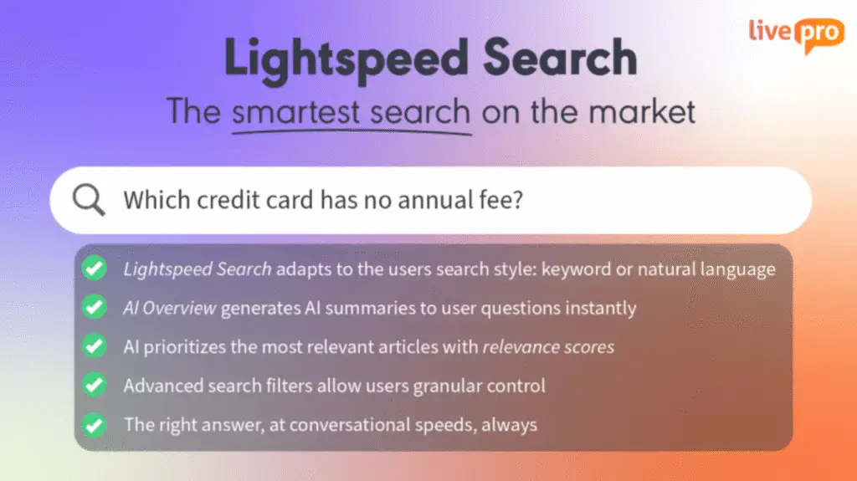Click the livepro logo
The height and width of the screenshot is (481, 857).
point(797,35)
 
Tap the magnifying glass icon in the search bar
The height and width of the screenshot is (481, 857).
point(89,199)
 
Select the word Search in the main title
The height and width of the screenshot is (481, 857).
point(560,58)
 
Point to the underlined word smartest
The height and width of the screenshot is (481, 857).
point(295,111)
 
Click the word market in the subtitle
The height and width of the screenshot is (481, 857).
point(642,111)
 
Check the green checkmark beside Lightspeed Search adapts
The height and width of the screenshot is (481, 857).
point(95,268)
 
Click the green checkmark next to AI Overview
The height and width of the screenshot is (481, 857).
point(95,307)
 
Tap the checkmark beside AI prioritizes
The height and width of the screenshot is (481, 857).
point(95,346)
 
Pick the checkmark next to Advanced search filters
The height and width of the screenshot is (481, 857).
point(95,385)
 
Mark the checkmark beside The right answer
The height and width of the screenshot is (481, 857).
point(95,425)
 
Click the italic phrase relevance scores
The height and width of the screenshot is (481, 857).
point(548,347)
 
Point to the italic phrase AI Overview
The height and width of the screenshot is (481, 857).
point(169,309)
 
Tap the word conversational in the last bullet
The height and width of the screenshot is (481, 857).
point(349,425)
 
